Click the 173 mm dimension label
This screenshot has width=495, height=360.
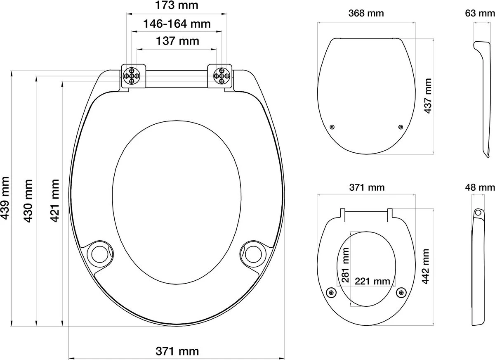[176, 6]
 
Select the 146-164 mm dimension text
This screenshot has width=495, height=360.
[176, 24]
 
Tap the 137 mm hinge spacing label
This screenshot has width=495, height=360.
[176, 41]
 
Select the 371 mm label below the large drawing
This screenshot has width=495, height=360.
[177, 351]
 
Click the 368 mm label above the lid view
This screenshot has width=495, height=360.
[366, 13]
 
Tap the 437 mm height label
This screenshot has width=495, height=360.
[428, 96]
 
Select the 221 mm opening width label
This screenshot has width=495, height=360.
[372, 282]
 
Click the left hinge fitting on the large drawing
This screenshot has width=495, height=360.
[134, 76]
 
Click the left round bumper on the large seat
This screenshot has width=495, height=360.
[99, 253]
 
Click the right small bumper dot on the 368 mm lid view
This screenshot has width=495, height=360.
[400, 127]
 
